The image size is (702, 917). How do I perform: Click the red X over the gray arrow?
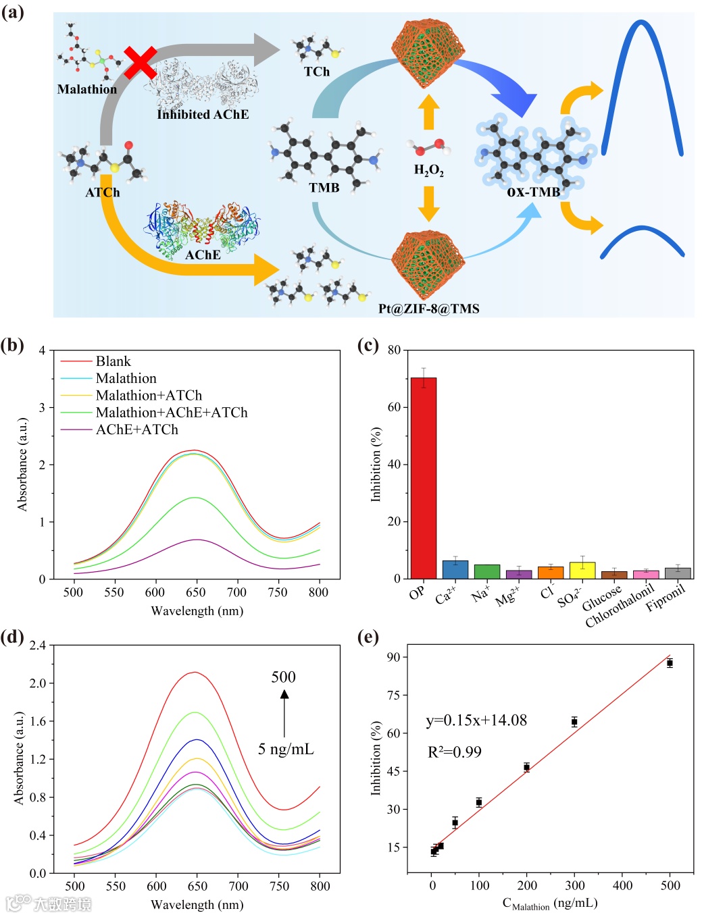point(140,63)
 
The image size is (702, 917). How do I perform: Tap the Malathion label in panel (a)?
point(86,89)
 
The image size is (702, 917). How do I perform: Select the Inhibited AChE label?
point(203,114)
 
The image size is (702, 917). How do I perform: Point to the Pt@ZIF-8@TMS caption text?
point(428,309)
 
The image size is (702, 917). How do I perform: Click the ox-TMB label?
point(533,192)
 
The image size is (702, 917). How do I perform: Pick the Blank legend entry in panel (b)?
point(113,361)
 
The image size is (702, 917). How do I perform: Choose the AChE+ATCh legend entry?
point(136,429)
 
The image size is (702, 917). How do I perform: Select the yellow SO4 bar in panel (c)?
point(582,570)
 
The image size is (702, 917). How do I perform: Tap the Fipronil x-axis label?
point(665,597)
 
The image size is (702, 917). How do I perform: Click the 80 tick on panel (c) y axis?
point(394,350)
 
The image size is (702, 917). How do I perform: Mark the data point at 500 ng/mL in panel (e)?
point(670,663)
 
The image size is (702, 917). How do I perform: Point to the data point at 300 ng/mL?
point(574,722)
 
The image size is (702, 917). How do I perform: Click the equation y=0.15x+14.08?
point(476,720)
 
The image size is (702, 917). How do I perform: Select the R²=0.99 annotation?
point(454,752)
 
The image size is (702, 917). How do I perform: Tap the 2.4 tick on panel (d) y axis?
point(38,645)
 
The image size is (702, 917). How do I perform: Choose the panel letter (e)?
point(368,637)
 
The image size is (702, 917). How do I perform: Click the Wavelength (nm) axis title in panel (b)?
point(197,610)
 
